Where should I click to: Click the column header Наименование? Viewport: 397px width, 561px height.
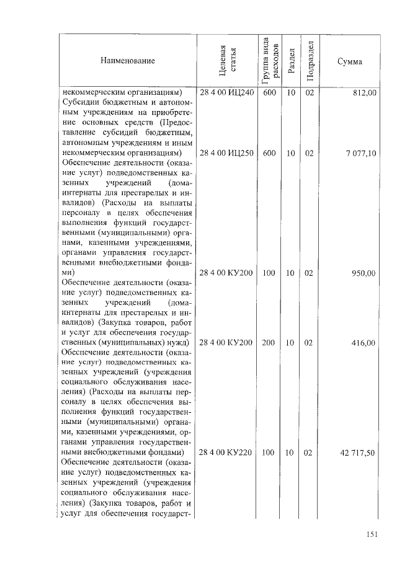126,61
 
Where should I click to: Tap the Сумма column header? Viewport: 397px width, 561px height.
350,61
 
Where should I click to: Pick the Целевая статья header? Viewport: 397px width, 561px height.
228,60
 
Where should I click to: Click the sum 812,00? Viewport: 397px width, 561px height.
364,93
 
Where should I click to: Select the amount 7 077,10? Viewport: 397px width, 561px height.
360,152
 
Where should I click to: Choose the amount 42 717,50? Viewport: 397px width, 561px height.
358,453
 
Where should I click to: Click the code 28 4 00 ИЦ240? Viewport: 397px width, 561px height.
227,93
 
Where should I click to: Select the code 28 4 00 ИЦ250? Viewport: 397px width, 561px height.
227,152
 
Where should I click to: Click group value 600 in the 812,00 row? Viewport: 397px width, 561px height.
269,93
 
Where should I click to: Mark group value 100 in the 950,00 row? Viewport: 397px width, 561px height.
269,273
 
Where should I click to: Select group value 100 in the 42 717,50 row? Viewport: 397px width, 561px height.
269,453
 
